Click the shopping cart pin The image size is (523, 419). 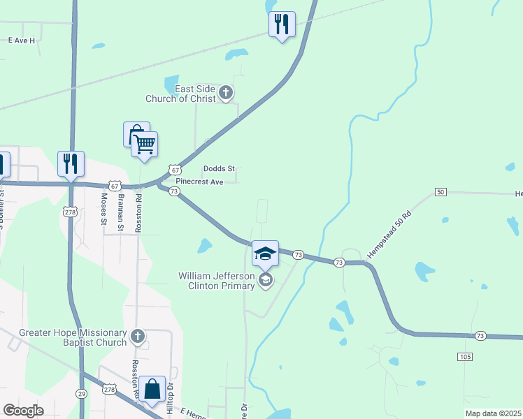pyautogui.click(x=145, y=145)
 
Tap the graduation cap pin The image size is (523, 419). pyautogui.click(x=265, y=254)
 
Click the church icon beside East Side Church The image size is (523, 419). pyautogui.click(x=226, y=92)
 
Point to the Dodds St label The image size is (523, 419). pyautogui.click(x=219, y=169)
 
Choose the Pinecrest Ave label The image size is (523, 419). pyautogui.click(x=199, y=182)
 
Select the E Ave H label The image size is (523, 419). pyautogui.click(x=22, y=41)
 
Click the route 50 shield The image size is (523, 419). pyautogui.click(x=440, y=192)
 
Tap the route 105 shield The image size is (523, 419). pyautogui.click(x=467, y=357)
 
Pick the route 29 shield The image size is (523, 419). pyautogui.click(x=82, y=395)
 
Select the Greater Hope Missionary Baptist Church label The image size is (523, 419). pyautogui.click(x=73, y=337)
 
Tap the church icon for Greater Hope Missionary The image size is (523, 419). pyautogui.click(x=138, y=337)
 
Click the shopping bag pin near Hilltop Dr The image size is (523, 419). pyautogui.click(x=152, y=390)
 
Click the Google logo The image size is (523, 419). pyautogui.click(x=23, y=411)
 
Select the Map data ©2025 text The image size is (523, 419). pyautogui.click(x=492, y=413)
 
